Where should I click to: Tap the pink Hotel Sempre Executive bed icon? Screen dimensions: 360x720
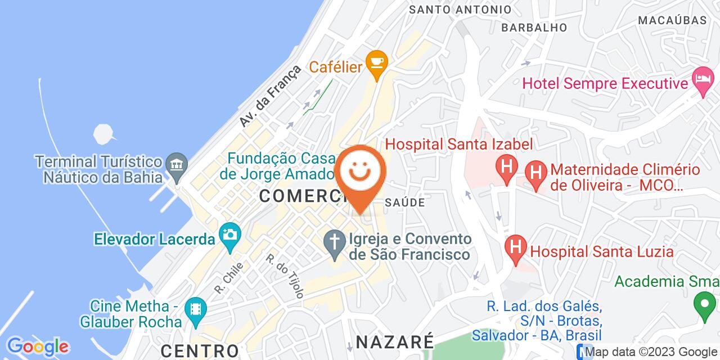(703, 77)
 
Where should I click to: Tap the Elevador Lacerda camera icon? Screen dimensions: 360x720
(229, 233)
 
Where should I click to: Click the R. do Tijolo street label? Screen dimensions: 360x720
(285, 276)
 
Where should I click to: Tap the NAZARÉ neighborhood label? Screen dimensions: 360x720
(395, 341)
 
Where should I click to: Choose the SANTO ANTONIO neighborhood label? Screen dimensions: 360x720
(460, 10)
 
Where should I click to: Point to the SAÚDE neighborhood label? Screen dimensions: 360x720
(405, 202)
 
